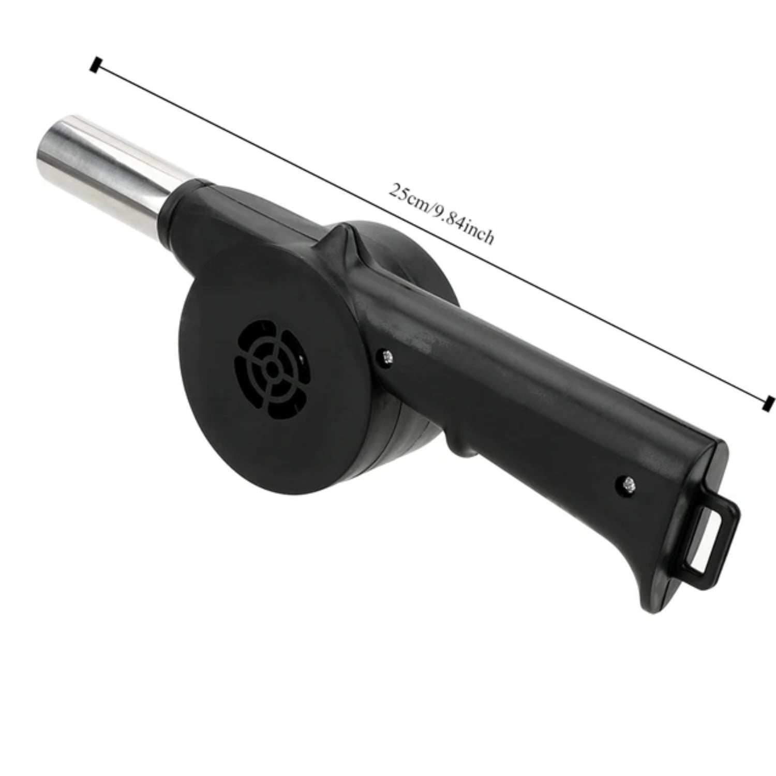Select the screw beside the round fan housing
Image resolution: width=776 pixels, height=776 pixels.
(386, 355)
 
